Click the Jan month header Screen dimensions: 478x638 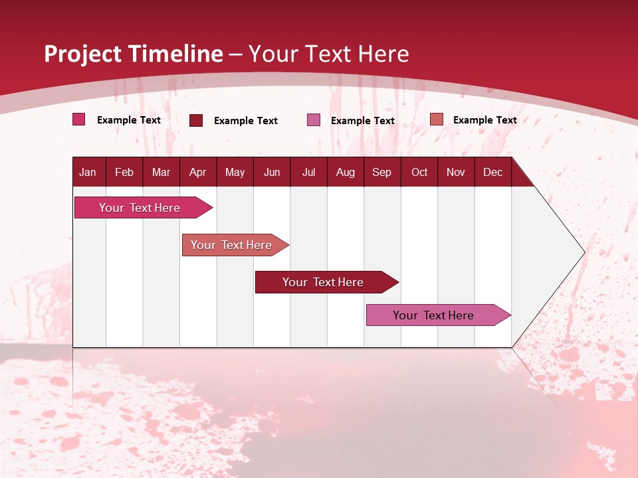coord(88,172)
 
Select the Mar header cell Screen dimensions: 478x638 coord(161,172)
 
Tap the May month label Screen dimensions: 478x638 coord(235,172)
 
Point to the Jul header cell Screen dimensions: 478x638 coord(308,172)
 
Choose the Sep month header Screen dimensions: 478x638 coord(381,172)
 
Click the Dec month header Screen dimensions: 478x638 coord(492,172)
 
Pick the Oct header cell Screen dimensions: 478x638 coord(419,172)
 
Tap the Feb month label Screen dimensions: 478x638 coord(124,172)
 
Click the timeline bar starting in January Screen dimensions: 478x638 coord(140,208)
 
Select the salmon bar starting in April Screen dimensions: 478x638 coord(231,245)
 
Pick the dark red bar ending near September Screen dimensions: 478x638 coord(323,282)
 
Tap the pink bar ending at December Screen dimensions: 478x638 coord(433,315)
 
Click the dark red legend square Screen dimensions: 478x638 coord(196,120)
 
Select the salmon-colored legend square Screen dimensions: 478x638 coord(436,119)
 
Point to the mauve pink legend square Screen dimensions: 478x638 coord(314,120)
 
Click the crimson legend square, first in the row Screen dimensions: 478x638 coord(79,119)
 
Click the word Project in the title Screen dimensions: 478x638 coord(84,54)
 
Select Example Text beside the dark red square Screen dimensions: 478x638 coord(245,121)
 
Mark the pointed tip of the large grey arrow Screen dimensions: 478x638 coord(584,252)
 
